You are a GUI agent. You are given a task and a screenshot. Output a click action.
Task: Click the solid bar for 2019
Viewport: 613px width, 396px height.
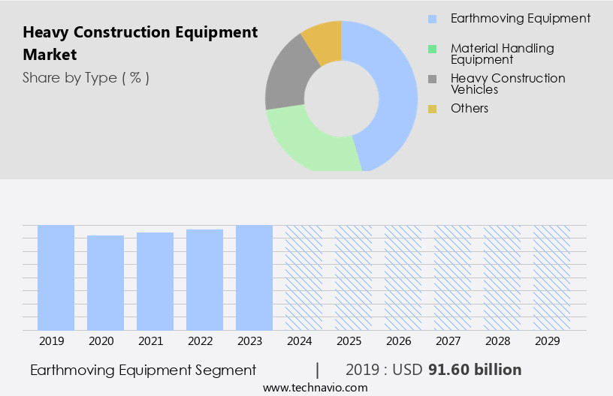click(x=56, y=277)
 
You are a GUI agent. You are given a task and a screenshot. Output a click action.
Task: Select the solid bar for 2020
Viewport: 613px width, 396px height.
click(x=105, y=283)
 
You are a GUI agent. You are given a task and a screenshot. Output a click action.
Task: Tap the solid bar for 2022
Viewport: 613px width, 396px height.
click(x=204, y=280)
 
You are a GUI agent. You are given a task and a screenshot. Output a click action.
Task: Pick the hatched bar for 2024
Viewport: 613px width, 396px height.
click(x=303, y=277)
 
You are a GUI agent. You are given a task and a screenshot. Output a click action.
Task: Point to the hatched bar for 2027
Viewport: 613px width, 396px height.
click(x=452, y=277)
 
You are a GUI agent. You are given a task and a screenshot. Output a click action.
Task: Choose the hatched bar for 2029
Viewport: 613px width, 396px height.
click(x=551, y=277)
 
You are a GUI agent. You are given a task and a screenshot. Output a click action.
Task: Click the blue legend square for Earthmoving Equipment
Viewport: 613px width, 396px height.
click(x=432, y=19)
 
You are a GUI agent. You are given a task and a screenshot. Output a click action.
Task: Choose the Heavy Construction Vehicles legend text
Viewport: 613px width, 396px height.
click(x=508, y=83)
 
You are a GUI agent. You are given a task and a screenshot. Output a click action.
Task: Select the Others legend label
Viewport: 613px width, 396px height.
click(x=470, y=109)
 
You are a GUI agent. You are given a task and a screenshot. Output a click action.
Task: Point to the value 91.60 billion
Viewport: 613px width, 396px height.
click(x=475, y=370)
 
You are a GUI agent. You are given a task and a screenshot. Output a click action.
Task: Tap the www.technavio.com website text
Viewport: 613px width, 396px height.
click(x=315, y=388)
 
